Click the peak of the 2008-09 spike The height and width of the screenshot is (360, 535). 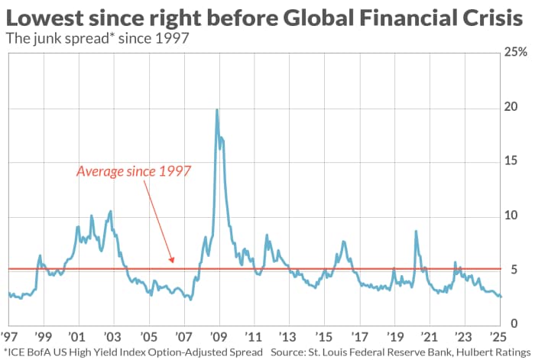pyautogui.click(x=217, y=110)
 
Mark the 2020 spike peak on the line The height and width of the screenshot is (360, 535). pyautogui.click(x=416, y=231)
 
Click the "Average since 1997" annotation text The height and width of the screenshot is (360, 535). pyautogui.click(x=133, y=171)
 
